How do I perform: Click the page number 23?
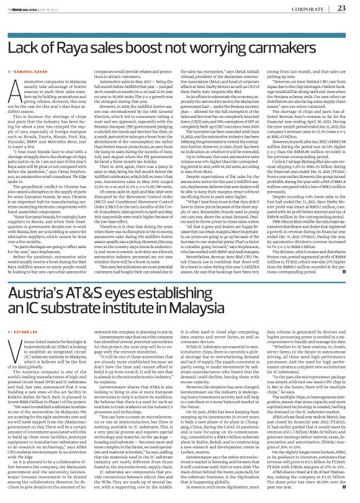(341, 8)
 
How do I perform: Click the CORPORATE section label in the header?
(305, 9)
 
